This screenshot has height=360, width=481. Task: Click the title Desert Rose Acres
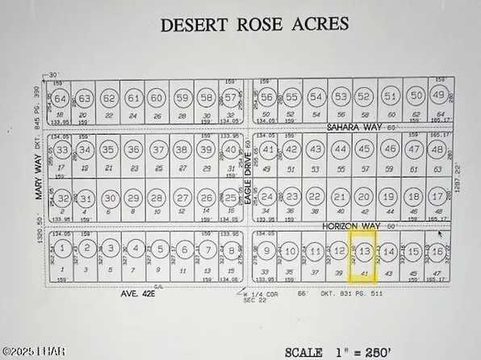pos(255,23)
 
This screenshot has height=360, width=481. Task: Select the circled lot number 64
pos(60,99)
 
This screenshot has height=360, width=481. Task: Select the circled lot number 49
pos(438,95)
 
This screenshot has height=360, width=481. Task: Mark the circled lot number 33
pos(61,150)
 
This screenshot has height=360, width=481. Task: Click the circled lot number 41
pos(269,150)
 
